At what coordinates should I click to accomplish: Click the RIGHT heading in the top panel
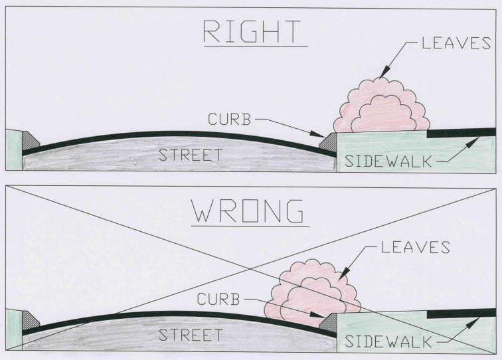251,33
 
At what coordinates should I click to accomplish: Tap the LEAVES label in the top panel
456,44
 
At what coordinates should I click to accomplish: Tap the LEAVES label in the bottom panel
416,248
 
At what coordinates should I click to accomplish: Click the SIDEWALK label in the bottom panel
389,342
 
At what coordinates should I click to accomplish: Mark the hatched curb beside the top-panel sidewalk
328,141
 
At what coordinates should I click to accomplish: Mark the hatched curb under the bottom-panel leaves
328,321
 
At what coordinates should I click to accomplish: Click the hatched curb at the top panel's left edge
30,141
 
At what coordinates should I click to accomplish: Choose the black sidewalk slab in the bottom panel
458,311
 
